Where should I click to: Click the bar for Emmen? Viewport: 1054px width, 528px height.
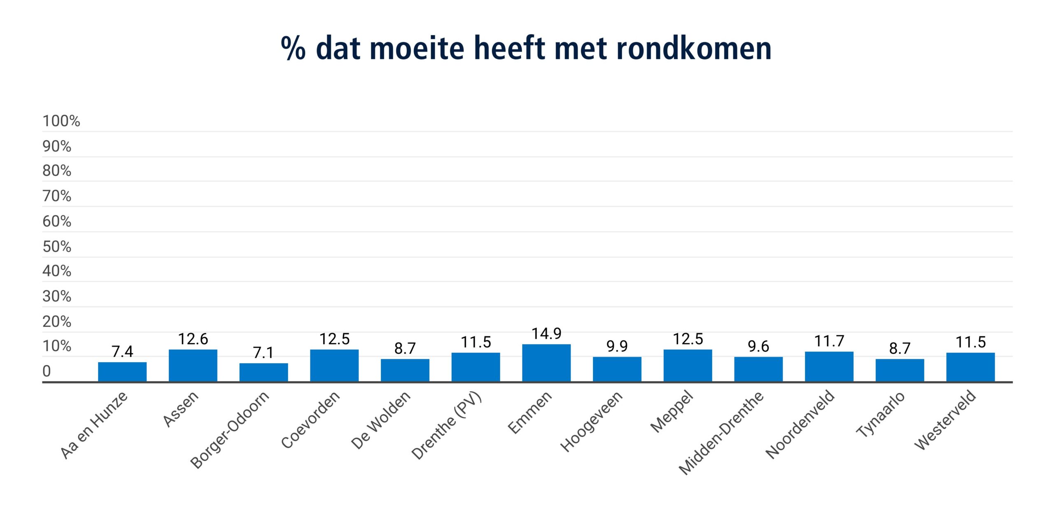(x=546, y=363)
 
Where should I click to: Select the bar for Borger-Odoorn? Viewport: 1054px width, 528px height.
(x=263, y=372)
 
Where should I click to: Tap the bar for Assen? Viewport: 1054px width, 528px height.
(x=193, y=366)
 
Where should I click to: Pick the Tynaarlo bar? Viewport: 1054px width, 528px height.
(x=900, y=370)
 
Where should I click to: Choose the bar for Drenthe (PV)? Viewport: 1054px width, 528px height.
(x=476, y=367)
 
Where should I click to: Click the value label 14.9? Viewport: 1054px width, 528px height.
(x=546, y=334)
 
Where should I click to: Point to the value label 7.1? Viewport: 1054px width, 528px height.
(x=263, y=353)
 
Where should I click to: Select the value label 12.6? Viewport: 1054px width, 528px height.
(x=193, y=339)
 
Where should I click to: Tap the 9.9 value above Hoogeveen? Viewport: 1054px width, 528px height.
(x=617, y=346)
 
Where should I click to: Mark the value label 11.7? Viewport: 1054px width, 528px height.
(x=829, y=341)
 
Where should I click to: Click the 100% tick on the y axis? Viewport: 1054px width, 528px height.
(x=61, y=121)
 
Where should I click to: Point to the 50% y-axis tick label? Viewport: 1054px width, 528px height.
(x=57, y=247)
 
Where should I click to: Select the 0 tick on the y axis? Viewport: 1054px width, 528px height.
(x=47, y=371)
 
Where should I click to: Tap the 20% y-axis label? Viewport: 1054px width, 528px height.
(x=57, y=321)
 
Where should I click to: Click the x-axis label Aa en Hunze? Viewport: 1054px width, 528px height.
(x=94, y=425)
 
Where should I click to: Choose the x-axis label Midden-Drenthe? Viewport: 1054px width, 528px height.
(x=721, y=433)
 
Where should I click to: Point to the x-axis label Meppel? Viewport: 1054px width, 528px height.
(x=672, y=412)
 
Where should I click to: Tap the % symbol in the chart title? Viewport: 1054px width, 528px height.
(x=293, y=49)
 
